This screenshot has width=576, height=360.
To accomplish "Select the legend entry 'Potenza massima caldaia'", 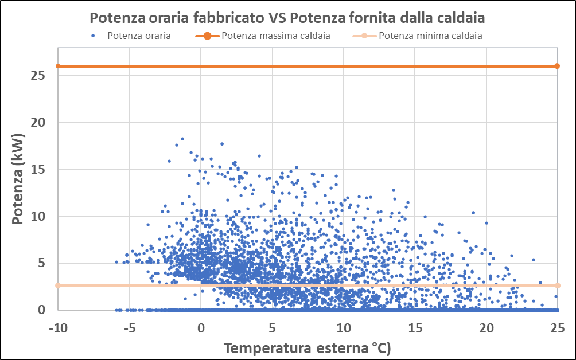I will click(275, 36).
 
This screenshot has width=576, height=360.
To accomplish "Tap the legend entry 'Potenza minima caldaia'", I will click(430, 36).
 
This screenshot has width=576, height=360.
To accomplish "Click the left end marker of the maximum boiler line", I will click(58, 66).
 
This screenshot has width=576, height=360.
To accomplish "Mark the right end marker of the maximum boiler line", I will click(557, 66).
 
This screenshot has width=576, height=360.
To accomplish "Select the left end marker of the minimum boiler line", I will click(58, 285).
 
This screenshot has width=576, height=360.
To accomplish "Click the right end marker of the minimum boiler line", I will click(557, 285).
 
